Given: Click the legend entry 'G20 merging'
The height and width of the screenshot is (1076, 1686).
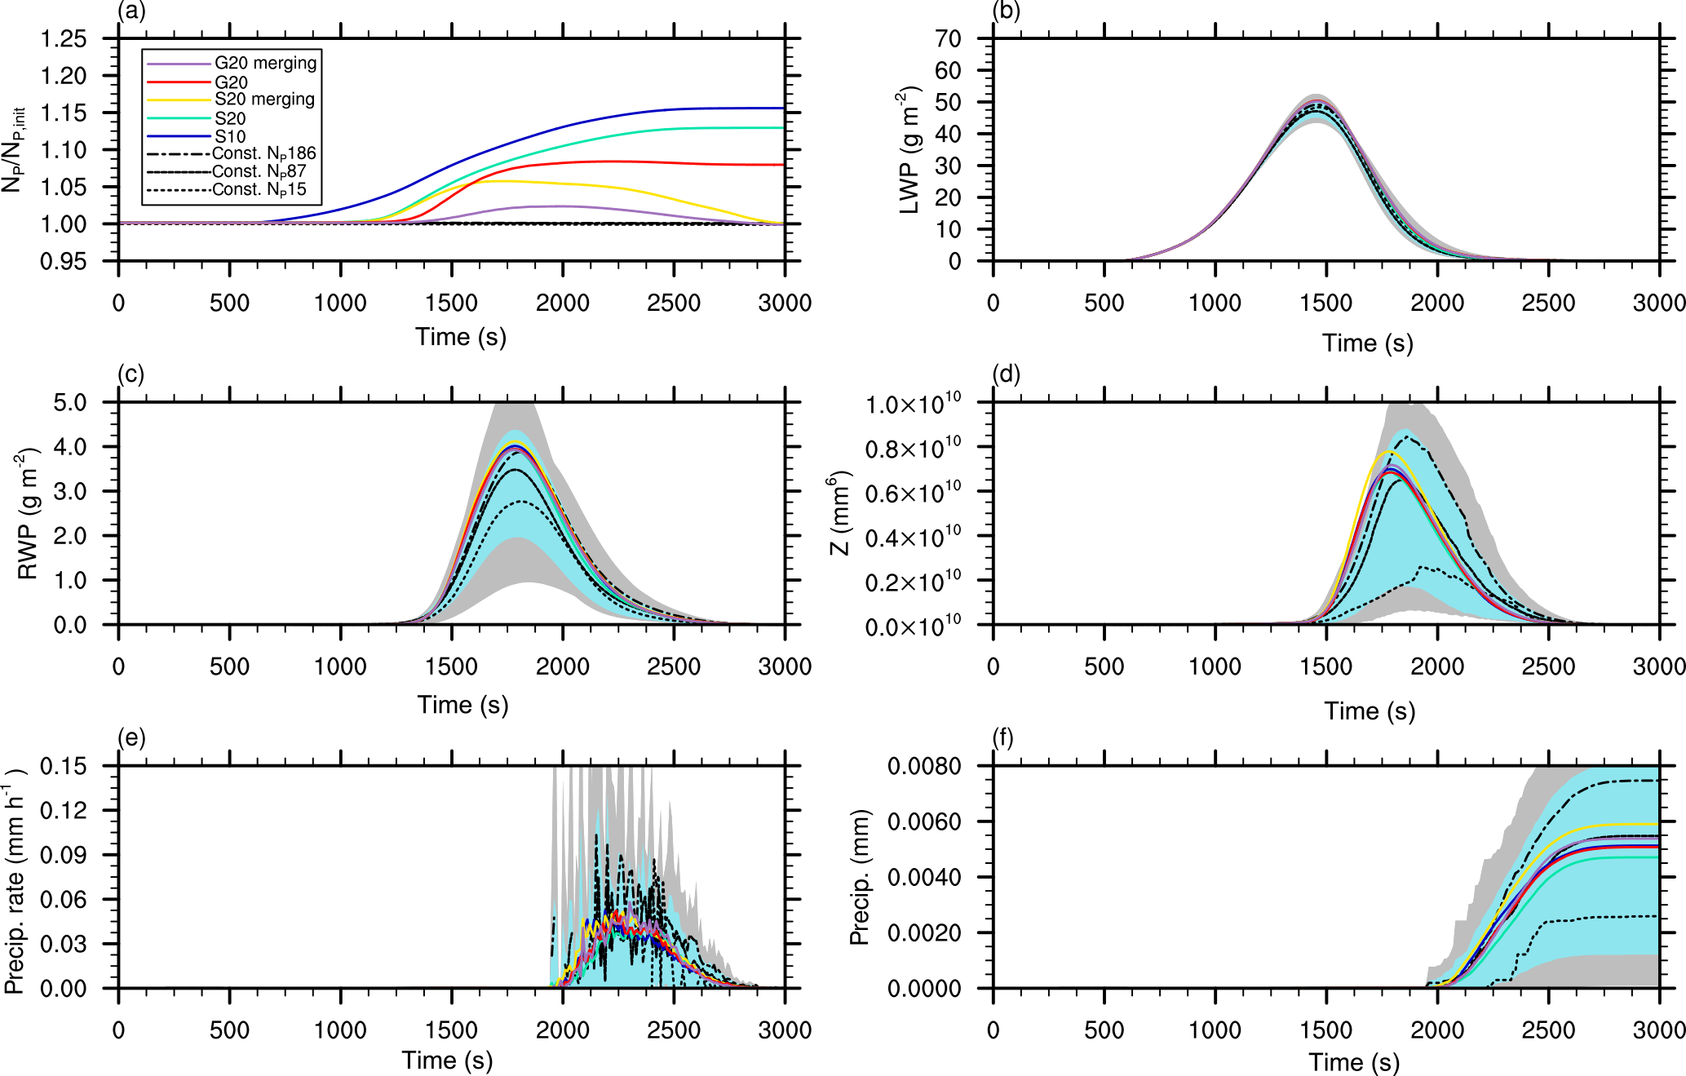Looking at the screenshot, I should [265, 63].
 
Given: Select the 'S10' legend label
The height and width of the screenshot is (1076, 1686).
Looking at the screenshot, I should [230, 136].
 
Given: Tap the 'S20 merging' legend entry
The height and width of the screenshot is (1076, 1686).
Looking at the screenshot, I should [264, 99].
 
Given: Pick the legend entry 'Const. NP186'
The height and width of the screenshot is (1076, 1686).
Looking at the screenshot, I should [263, 153].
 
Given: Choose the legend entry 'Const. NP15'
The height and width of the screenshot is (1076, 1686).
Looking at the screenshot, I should [259, 189].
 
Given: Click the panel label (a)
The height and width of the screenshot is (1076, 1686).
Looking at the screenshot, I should [131, 11].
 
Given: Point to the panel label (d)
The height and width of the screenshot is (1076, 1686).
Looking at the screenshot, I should [1006, 374].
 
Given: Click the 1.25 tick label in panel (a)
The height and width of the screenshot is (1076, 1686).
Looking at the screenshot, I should [64, 38].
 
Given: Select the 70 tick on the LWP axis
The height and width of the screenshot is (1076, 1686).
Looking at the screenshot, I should [948, 38].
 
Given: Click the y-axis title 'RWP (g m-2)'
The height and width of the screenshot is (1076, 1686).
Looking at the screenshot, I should [28, 514].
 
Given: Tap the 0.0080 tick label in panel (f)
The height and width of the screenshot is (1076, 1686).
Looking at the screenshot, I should [924, 766].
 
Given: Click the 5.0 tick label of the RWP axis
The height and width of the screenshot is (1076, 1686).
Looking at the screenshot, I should [69, 402].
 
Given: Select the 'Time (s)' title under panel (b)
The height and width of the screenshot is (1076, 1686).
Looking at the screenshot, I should [1367, 343].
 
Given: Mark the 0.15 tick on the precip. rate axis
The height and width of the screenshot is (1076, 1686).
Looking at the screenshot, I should [64, 766].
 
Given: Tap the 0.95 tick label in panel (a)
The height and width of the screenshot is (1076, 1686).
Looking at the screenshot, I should [64, 261].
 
